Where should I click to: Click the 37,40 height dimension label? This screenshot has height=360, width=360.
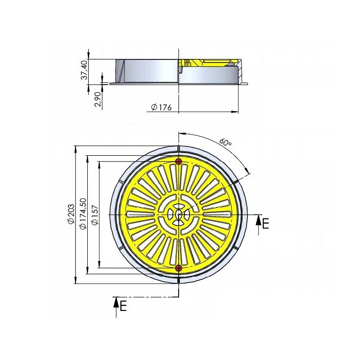pos(85,70)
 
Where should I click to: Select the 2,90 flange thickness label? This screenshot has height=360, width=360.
pos(98,99)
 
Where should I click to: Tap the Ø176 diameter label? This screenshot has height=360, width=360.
pos(162,107)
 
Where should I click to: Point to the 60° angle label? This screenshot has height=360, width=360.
pos(225,142)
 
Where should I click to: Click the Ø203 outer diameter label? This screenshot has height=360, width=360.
pos(71,214)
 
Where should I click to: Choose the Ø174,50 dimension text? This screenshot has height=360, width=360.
pos(82,213)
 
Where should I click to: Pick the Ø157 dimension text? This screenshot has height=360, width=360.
pos(94,215)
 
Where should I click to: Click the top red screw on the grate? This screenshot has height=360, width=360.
pos(179,162)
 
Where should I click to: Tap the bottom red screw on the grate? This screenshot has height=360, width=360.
pos(178,268)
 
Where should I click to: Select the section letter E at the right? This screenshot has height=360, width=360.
pos(265,223)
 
